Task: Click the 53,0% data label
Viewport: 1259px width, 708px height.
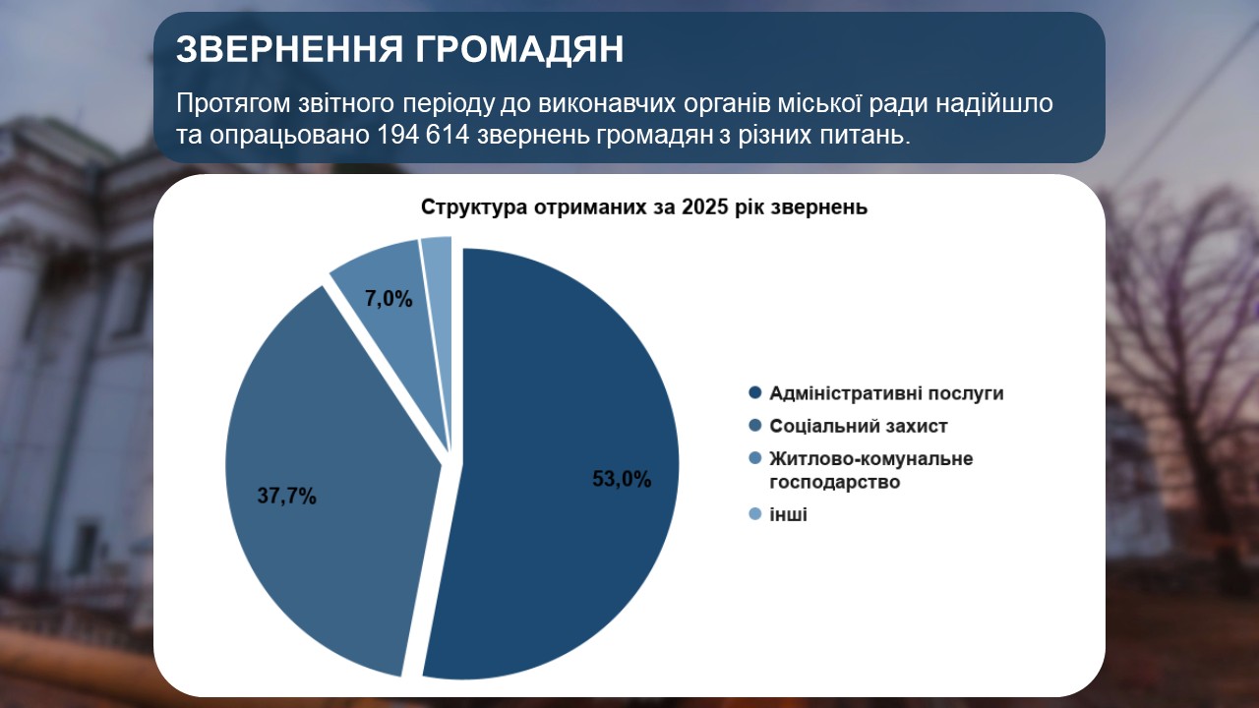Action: (x=622, y=479)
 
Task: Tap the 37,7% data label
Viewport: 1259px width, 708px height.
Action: (x=286, y=497)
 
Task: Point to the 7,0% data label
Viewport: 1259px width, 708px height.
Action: (x=389, y=299)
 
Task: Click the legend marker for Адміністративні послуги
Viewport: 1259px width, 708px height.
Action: (x=754, y=392)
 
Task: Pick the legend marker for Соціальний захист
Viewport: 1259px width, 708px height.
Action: (x=754, y=426)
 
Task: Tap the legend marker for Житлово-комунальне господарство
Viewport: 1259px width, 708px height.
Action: (x=754, y=458)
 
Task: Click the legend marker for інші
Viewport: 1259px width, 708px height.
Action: (x=754, y=513)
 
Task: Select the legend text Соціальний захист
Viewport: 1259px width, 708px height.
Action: (x=859, y=426)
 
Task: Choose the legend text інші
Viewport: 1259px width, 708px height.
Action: (x=788, y=514)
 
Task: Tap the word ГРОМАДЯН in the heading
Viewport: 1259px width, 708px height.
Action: (x=520, y=49)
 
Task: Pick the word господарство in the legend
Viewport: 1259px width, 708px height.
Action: (x=835, y=482)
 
